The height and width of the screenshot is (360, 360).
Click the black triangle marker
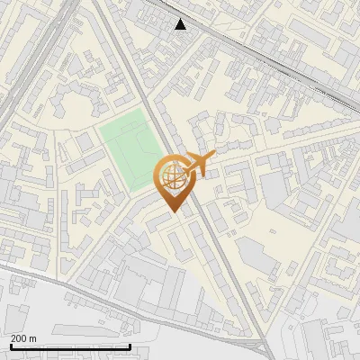tap(181, 24)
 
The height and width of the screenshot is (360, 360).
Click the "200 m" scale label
tap(22, 337)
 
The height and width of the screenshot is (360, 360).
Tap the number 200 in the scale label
tap(18, 337)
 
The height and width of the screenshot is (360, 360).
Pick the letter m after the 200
tap(32, 338)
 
